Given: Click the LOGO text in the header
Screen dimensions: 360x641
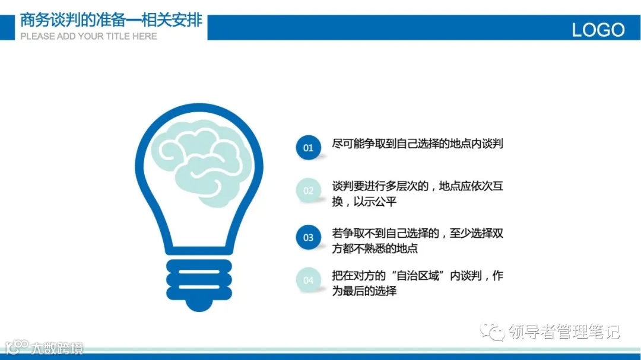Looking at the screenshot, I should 598,30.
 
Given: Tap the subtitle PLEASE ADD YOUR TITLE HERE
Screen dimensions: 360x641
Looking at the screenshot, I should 88,36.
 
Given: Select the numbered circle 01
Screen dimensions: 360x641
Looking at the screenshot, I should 308,148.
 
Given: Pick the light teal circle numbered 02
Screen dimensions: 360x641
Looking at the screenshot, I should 308,191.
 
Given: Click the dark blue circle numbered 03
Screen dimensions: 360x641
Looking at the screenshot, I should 308,238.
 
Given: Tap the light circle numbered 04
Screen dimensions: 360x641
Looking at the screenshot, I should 308,280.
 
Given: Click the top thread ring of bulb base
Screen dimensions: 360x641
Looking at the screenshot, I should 198,264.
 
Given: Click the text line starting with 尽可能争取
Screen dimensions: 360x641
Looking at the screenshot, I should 417,144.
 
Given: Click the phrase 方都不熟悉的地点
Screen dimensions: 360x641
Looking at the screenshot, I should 375,249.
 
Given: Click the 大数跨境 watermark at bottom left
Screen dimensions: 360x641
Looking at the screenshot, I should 56,348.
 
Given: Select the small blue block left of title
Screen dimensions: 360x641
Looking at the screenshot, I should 7,27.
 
